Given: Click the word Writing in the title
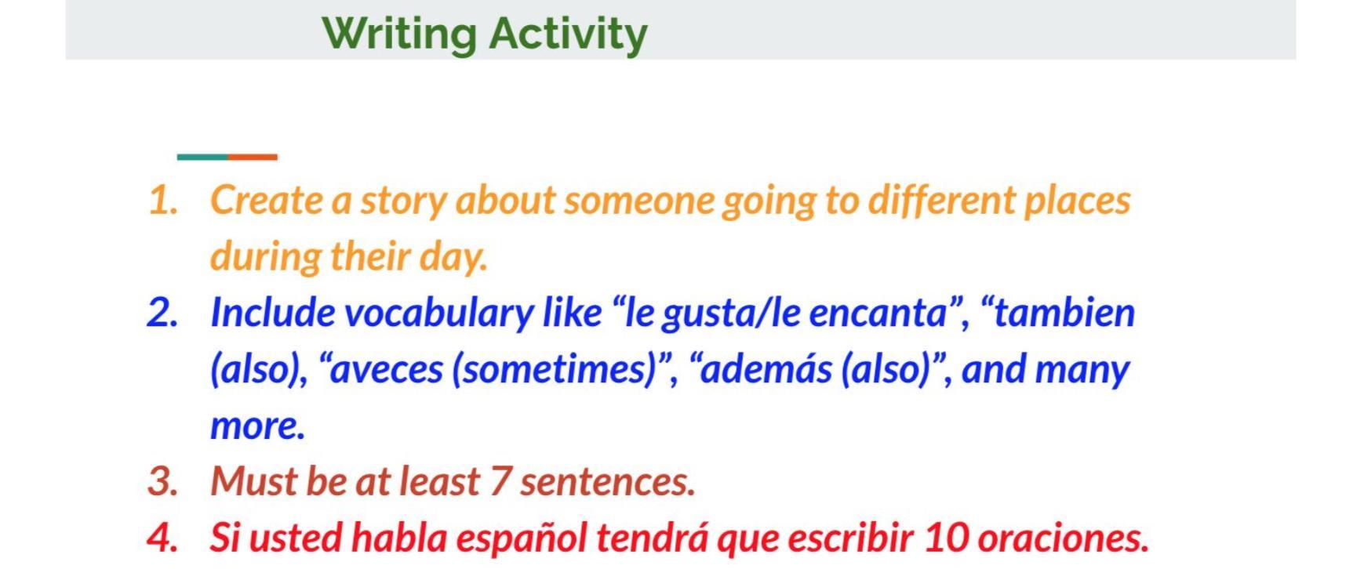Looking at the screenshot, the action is pyautogui.click(x=399, y=34).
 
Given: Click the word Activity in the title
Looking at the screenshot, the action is pyautogui.click(x=569, y=34).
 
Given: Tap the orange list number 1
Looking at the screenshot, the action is pyautogui.click(x=163, y=201).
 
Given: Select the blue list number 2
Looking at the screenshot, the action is pyautogui.click(x=163, y=313).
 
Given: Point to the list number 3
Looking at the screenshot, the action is pyautogui.click(x=163, y=481).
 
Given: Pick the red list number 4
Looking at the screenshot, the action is pyautogui.click(x=163, y=538).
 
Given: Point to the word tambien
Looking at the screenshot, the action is pyautogui.click(x=1064, y=313).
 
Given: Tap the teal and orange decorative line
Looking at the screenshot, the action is pyautogui.click(x=227, y=157).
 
